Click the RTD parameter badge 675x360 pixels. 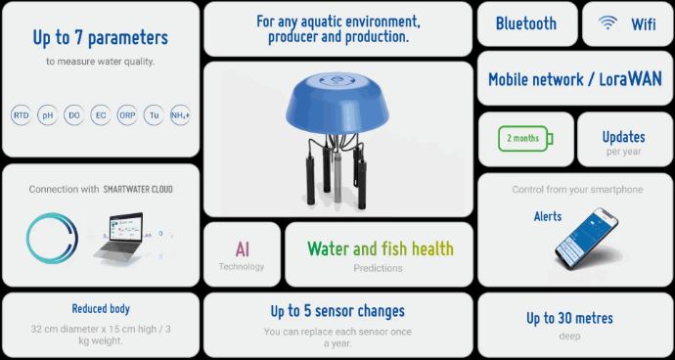point(21,115)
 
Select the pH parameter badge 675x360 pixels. point(47,115)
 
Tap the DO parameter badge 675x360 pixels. point(73,115)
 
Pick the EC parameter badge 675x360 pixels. point(100,115)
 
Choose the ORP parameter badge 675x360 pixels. point(127,115)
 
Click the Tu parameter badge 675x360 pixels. point(154,115)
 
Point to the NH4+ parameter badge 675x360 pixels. point(180,115)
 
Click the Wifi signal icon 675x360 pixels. point(608,22)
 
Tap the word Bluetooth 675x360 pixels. point(525,23)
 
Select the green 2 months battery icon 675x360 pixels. point(525,138)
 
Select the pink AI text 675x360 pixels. point(242,249)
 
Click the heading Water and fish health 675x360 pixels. point(380,249)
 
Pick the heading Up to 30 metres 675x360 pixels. point(569,318)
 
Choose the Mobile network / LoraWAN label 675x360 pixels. point(574,79)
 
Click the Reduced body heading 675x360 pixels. point(101,308)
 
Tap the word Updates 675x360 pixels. point(623,137)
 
